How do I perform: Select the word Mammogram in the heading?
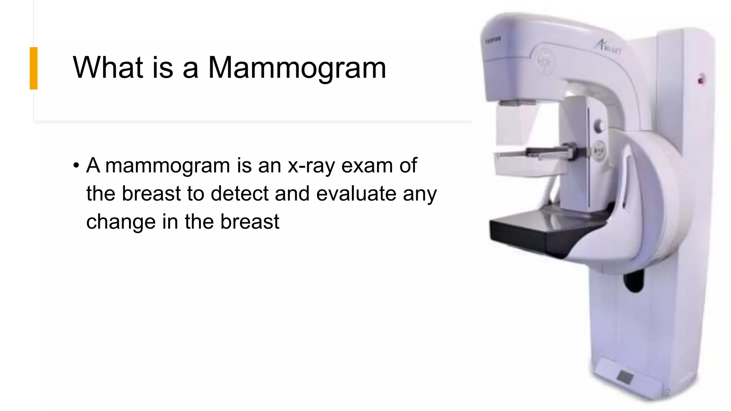tap(297, 68)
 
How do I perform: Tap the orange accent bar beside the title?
tap(34, 68)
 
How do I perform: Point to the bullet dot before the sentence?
tap(76, 166)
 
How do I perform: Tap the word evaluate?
tap(356, 193)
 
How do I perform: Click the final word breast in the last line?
tap(249, 222)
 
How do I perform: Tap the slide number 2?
tap(668, 392)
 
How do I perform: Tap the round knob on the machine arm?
tap(599, 126)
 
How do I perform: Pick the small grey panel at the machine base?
tap(625, 377)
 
